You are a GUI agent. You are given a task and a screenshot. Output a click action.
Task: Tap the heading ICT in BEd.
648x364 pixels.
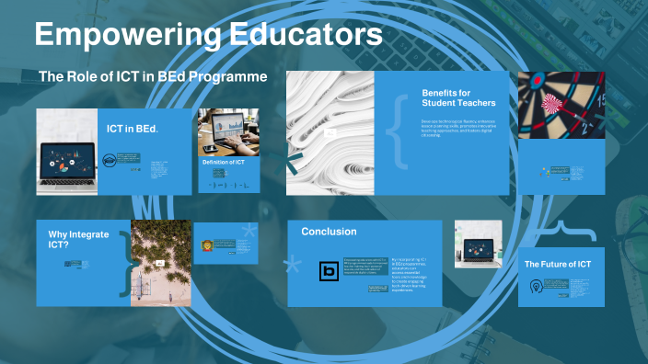coord(133,129)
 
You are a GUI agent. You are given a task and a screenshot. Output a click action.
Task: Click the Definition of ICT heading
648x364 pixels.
coord(224,163)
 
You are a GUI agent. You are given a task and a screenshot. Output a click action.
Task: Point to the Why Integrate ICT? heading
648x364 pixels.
coord(78,240)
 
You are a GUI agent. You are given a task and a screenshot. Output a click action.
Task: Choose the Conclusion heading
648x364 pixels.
coord(329,232)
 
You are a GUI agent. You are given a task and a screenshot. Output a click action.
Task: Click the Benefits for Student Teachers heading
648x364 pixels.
coord(458,97)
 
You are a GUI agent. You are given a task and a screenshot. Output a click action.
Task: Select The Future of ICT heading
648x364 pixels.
coord(558,265)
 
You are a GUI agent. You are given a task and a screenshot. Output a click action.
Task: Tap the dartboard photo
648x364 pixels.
coord(561,105)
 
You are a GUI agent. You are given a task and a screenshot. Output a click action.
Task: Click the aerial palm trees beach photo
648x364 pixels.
coord(161,262)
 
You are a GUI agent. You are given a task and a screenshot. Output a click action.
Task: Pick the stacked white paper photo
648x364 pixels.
coord(330,132)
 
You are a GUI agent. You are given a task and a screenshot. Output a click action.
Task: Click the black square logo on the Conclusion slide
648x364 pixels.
coord(329,270)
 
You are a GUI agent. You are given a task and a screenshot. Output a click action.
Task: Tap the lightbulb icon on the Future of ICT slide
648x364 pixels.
coord(535,286)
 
